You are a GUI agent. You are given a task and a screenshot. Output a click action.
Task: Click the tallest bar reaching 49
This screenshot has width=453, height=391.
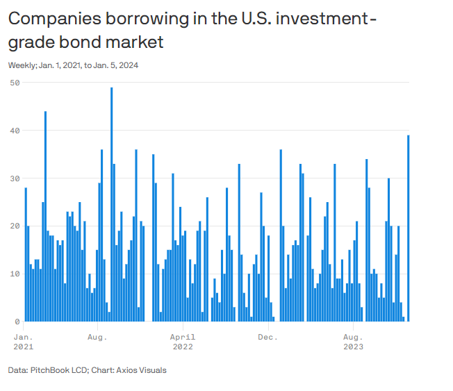coord(111,204)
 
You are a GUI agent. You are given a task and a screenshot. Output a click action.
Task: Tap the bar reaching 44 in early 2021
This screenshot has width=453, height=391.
coord(45,216)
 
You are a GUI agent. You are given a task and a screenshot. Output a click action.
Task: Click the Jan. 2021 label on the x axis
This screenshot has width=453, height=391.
coord(23,341)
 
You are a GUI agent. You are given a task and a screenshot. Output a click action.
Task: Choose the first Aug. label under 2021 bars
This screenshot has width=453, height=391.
coord(97,337)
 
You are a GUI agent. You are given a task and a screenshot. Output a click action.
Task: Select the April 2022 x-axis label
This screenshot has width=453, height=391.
coord(183,341)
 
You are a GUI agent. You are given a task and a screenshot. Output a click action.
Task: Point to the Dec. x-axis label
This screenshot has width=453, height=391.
coord(267,337)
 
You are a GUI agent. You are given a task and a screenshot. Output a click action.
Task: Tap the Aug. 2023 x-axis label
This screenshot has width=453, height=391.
coord(353,341)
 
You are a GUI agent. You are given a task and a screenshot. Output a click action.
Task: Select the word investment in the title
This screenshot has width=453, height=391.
coord(326,19)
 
